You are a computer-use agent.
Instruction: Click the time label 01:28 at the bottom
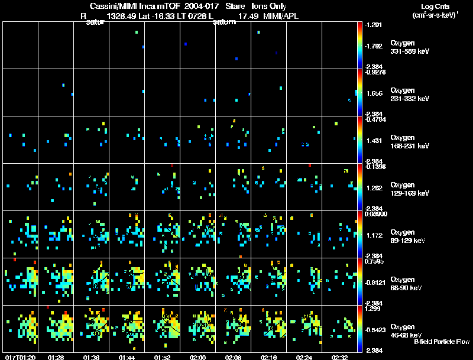click(x=56, y=357)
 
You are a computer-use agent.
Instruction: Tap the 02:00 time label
click(x=198, y=357)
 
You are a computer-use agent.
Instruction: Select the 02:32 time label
click(x=340, y=357)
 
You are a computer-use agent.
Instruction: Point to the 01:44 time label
click(x=127, y=357)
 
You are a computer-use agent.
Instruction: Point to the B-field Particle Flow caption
click(x=442, y=342)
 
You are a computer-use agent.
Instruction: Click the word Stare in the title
click(x=235, y=6)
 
